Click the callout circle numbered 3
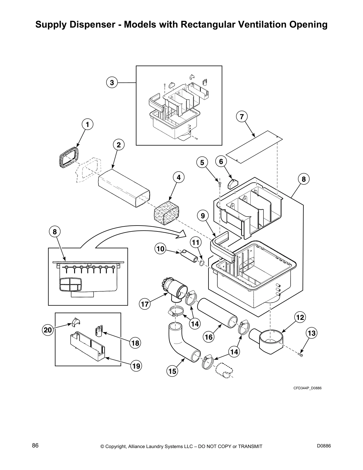[112, 83]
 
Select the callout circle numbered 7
[242, 117]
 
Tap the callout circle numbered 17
[144, 304]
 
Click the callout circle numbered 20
[48, 330]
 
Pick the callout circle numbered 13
[312, 333]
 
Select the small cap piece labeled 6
[233, 184]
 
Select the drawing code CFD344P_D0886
[308, 388]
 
